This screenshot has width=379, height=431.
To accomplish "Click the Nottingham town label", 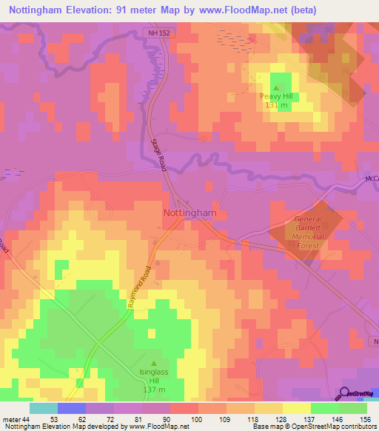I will (189, 213).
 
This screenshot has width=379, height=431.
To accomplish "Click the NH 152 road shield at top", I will (152, 33).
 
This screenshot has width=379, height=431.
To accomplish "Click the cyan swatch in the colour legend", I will (44, 408).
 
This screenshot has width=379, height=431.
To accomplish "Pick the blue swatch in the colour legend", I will (72, 408).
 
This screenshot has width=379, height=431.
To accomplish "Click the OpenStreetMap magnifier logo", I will (346, 393).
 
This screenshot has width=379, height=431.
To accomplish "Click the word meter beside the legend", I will (10, 418).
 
